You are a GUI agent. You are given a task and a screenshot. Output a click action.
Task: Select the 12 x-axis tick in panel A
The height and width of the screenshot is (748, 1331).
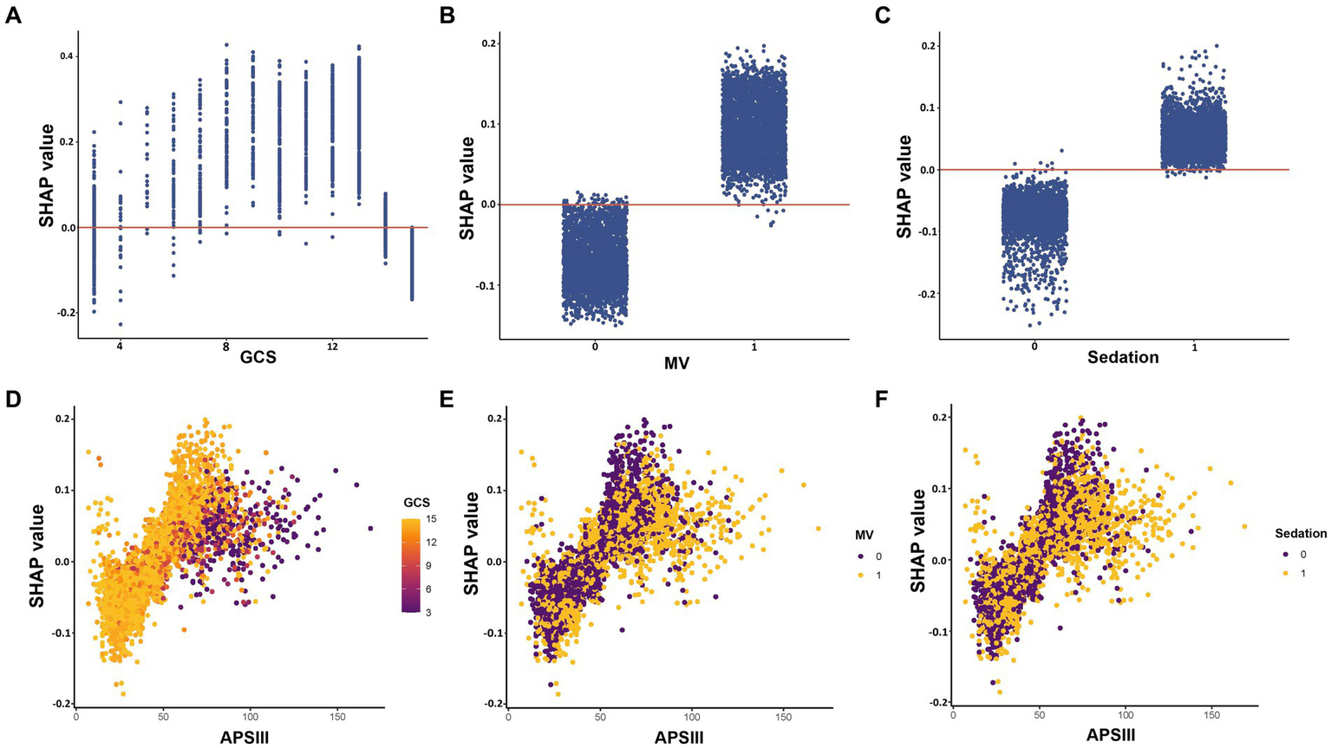(331, 347)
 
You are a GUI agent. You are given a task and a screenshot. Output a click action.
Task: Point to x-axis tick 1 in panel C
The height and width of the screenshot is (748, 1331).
(1195, 347)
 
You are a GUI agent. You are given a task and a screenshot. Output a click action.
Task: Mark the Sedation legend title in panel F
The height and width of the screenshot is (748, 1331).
(1300, 534)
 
